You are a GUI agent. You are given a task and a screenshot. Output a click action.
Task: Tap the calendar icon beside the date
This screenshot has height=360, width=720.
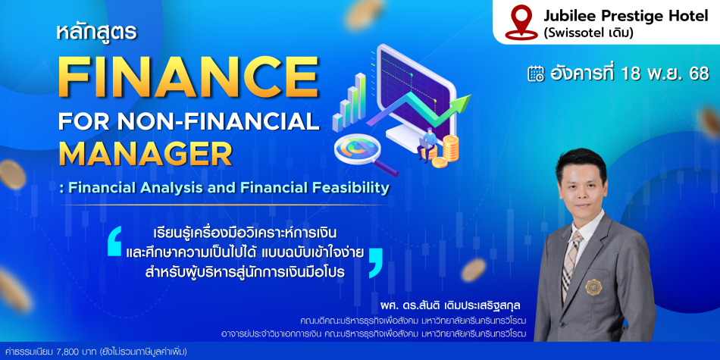click(536, 74)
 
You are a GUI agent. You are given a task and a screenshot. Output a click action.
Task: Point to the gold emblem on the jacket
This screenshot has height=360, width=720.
click(593, 287)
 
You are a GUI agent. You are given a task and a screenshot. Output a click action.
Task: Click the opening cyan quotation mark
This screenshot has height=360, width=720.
click(114, 241)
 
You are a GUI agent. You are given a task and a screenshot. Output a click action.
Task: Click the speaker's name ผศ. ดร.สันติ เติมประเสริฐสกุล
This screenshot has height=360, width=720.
click(449, 305)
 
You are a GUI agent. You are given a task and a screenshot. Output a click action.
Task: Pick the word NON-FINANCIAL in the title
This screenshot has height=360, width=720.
click(218, 121)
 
